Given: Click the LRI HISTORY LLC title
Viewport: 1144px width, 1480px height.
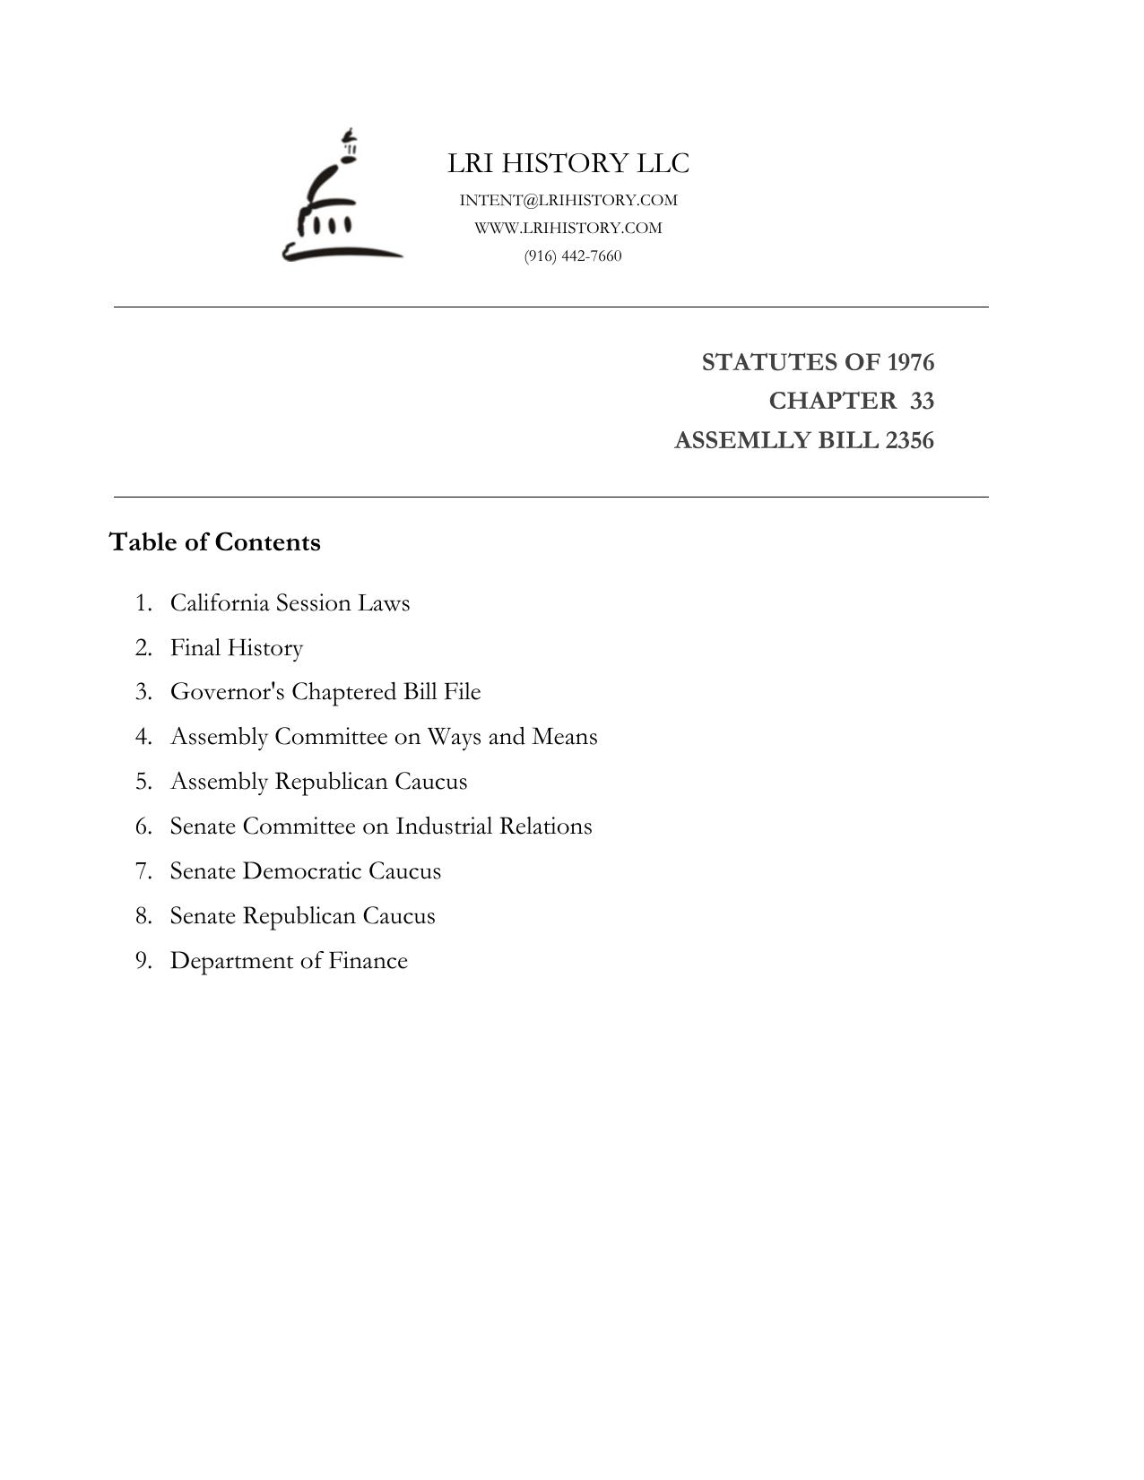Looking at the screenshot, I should pyautogui.click(x=568, y=163).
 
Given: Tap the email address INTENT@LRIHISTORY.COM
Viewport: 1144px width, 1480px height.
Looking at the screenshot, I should pyautogui.click(x=568, y=200).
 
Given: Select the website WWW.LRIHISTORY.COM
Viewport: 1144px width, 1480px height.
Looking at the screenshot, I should pyautogui.click(x=568, y=228).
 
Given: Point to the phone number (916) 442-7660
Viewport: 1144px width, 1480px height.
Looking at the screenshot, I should pyautogui.click(x=573, y=255).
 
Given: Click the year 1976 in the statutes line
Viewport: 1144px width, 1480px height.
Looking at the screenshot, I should pyautogui.click(x=910, y=362).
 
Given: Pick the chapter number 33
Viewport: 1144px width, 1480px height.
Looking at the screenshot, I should pyautogui.click(x=922, y=401).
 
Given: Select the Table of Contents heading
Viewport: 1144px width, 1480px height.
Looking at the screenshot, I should pyautogui.click(x=215, y=542).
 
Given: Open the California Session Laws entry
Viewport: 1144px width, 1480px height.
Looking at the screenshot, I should pyautogui.click(x=290, y=602).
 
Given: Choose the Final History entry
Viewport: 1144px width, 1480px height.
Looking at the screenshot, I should pyautogui.click(x=237, y=647).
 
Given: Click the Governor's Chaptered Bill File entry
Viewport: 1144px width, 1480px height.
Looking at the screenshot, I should pyautogui.click(x=325, y=692).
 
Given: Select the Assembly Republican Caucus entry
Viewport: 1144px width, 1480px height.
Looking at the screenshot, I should pyautogui.click(x=318, y=782).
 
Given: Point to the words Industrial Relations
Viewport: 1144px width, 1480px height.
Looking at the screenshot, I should pyautogui.click(x=493, y=827).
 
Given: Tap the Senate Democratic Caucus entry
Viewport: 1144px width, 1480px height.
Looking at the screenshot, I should pyautogui.click(x=306, y=871).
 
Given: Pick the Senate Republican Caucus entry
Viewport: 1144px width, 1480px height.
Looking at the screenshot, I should pyautogui.click(x=302, y=916).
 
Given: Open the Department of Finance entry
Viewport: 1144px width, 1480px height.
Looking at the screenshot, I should pyautogui.click(x=289, y=961).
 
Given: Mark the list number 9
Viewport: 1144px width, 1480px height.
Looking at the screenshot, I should pyautogui.click(x=143, y=961).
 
